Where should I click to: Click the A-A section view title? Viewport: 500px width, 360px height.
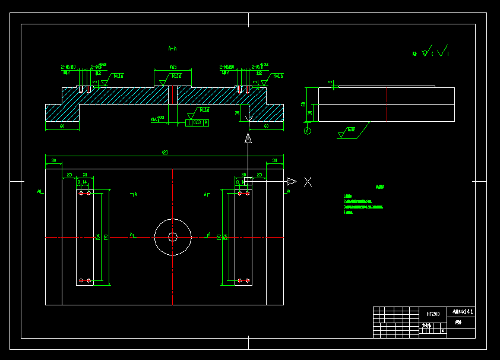pos(173,49)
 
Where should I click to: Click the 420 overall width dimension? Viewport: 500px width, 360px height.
pos(164,153)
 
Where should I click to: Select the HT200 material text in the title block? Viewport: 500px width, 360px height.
pos(433,314)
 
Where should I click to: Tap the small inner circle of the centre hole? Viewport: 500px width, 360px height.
pos(172,236)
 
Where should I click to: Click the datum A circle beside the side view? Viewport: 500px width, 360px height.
pos(308,131)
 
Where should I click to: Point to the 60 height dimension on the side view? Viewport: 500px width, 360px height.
pos(303,104)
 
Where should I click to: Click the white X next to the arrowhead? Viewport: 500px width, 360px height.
pos(308,182)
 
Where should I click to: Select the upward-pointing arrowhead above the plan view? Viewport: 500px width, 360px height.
pos(248,139)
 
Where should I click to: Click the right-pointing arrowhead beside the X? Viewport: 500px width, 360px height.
pos(291,181)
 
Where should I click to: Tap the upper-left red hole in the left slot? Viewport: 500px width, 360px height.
pos(81,193)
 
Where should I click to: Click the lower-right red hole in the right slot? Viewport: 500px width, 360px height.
pos(248,280)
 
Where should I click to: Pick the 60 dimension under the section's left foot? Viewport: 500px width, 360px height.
pos(62,126)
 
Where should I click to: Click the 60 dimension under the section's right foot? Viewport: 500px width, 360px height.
pos(265,126)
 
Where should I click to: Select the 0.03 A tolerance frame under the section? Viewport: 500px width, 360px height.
pos(198,123)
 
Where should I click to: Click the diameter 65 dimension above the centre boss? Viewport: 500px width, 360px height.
pos(173,67)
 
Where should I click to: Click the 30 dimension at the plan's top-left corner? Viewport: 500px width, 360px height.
pos(53,160)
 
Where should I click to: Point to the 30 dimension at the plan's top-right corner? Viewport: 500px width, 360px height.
pos(274,160)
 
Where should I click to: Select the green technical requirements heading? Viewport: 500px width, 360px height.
pos(380,187)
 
